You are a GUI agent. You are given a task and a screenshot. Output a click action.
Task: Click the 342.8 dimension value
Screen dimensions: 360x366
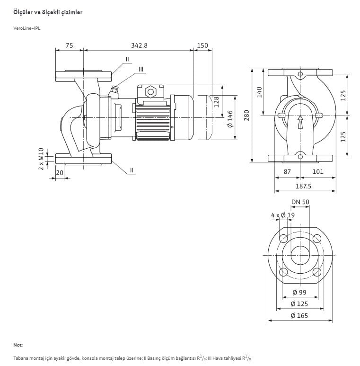139,45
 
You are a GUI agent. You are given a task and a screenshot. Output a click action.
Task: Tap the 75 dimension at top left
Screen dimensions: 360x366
69,45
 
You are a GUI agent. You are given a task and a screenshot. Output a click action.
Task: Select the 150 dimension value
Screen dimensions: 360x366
202,45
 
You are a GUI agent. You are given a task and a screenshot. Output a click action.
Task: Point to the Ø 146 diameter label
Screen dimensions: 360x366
230,119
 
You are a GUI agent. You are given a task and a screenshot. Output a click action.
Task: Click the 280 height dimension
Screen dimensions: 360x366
246,116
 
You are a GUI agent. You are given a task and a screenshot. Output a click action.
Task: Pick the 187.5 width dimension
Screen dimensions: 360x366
303,186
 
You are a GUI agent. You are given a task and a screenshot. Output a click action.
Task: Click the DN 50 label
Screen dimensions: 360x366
300,202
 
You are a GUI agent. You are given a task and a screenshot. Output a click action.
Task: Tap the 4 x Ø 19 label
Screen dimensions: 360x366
283,215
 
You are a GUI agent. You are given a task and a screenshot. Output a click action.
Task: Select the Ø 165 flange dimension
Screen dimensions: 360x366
299,316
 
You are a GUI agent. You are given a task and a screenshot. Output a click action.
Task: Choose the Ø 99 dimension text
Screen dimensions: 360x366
299,292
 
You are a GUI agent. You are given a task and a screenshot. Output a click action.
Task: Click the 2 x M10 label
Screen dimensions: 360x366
41,159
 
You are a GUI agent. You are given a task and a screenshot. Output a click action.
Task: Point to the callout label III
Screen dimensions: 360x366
141,69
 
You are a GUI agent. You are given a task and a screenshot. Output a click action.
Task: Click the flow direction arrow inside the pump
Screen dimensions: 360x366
300,122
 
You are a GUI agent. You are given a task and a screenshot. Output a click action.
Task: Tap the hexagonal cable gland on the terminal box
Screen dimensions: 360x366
150,92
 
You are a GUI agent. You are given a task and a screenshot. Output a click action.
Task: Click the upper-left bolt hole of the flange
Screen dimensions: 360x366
283,238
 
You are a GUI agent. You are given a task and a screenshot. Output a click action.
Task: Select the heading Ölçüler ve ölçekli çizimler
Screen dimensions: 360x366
48,12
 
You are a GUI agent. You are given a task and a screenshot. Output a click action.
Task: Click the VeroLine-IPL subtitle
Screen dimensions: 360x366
27,28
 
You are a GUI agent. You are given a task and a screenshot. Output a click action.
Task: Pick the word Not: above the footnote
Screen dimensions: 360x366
18,345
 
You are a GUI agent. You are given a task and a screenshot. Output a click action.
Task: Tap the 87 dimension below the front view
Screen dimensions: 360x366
287,171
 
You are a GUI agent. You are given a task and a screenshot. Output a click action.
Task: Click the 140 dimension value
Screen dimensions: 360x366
259,92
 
